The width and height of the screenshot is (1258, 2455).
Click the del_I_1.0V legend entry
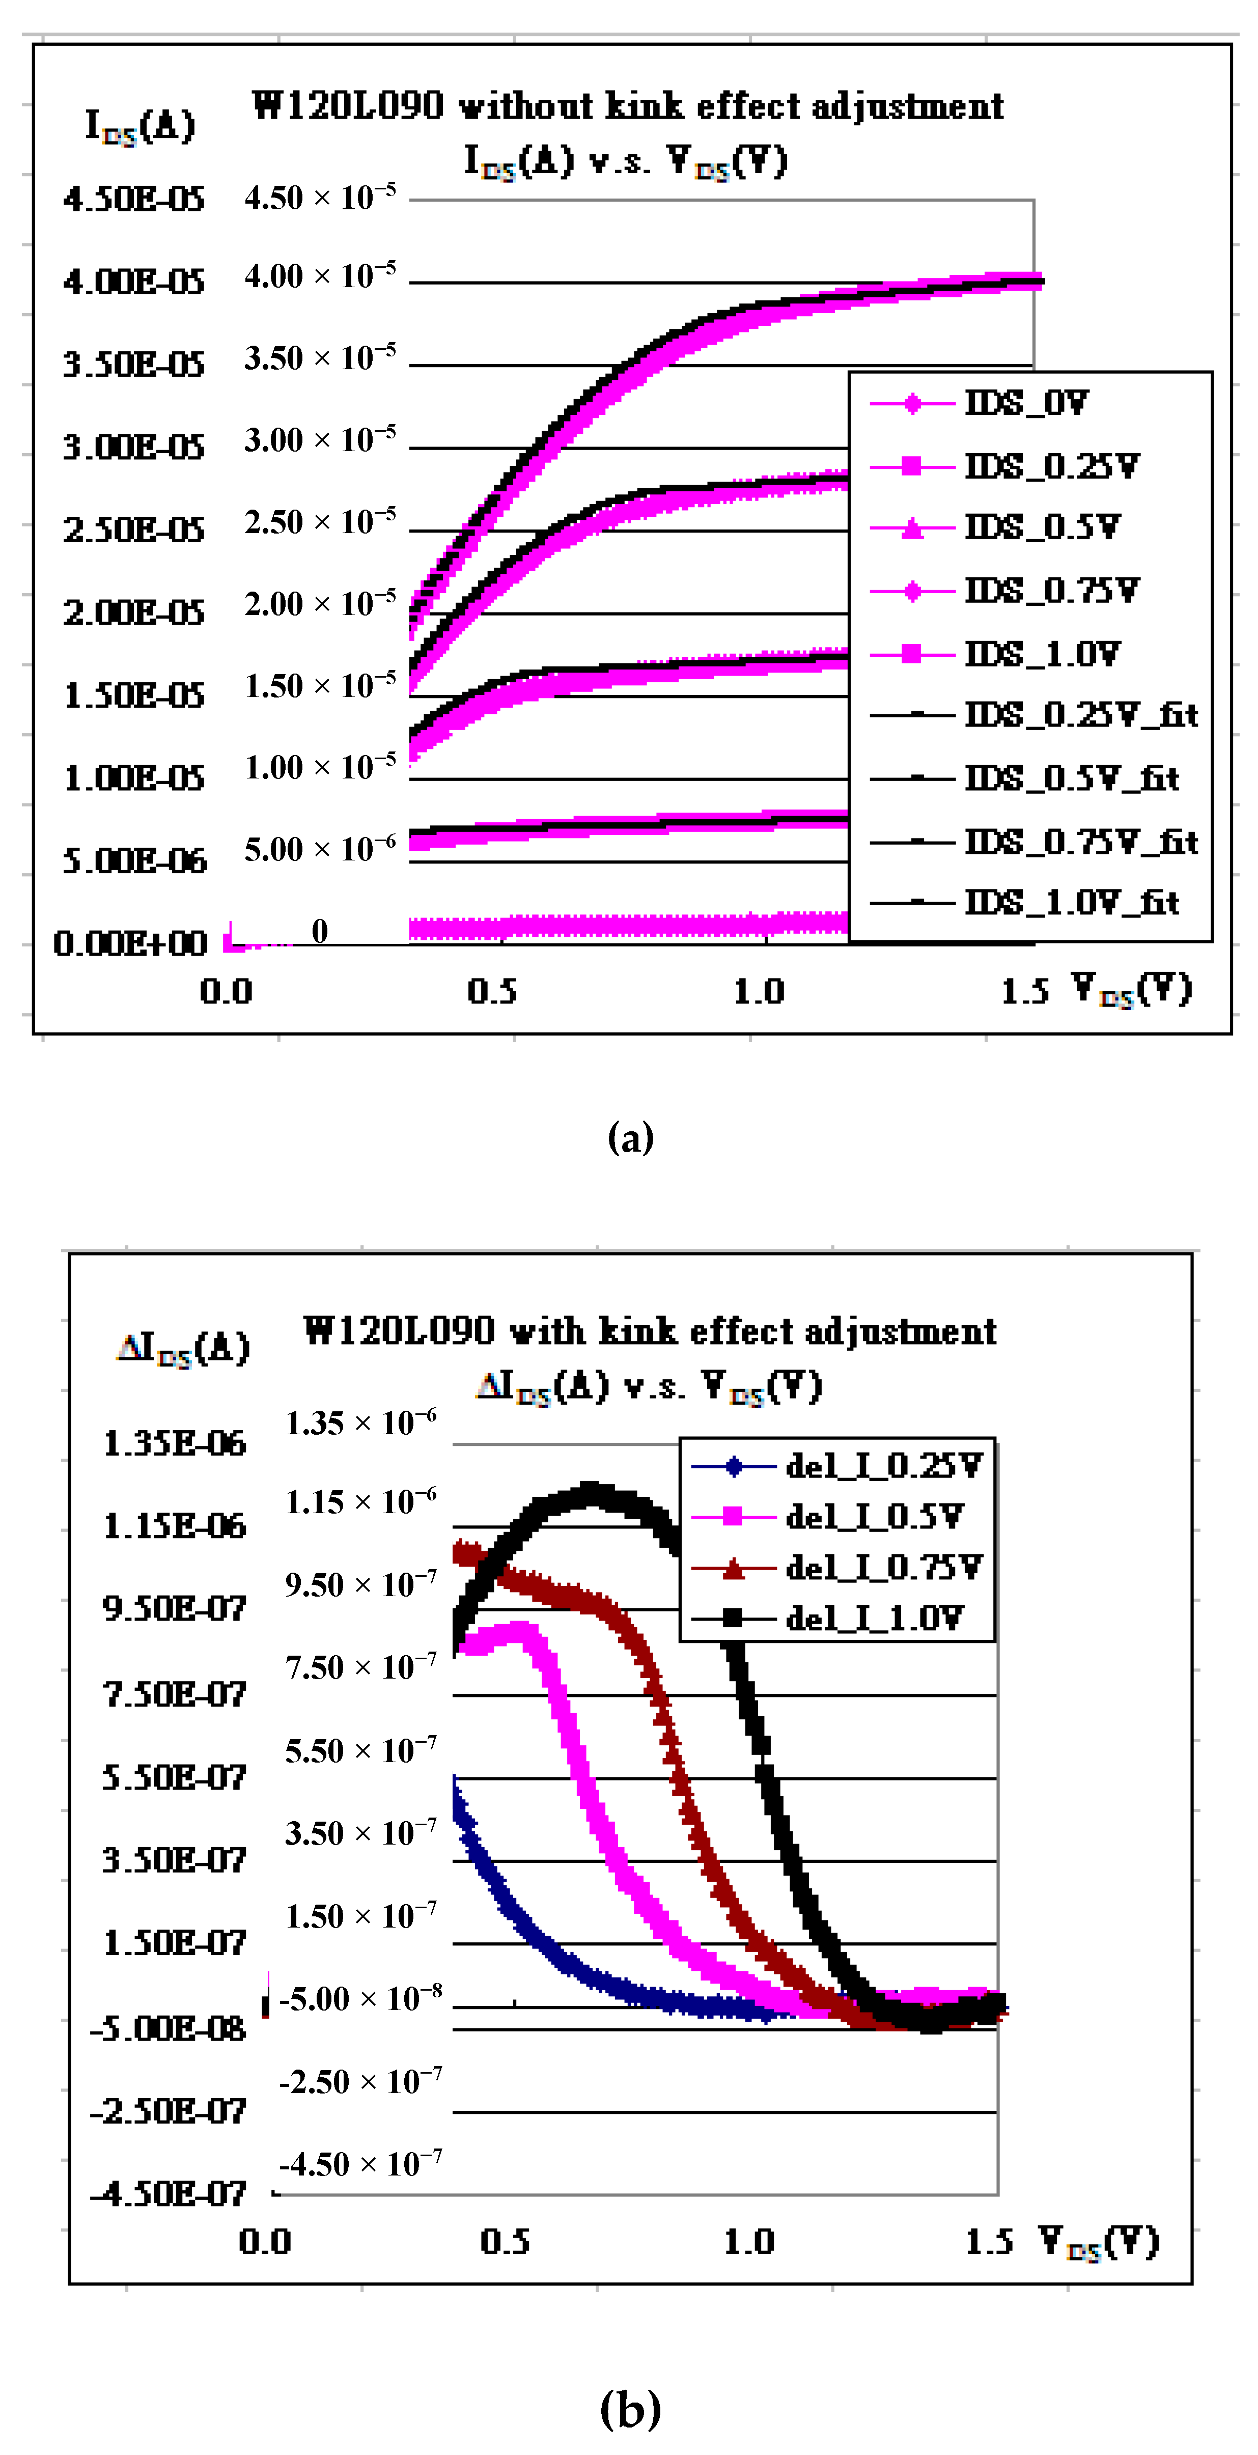coord(874,1617)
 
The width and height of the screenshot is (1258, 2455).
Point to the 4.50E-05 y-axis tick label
coord(133,199)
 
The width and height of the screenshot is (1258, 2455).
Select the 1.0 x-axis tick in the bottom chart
coord(748,2242)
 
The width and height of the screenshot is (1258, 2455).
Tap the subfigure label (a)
coord(630,1137)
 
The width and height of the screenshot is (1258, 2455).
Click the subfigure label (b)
coord(630,2408)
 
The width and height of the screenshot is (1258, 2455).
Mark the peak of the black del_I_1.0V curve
coord(591,1490)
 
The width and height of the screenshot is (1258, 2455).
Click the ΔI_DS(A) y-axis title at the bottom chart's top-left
coord(183,1349)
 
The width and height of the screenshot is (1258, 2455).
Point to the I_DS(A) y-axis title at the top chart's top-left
coord(140,125)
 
